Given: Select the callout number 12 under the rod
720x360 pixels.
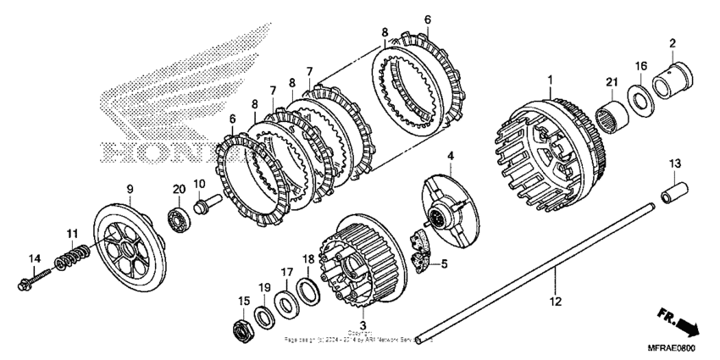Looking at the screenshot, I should coord(555,301).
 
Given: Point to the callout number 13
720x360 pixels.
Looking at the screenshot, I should coord(675,163).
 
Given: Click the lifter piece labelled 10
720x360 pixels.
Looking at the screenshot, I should coord(208,206).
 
